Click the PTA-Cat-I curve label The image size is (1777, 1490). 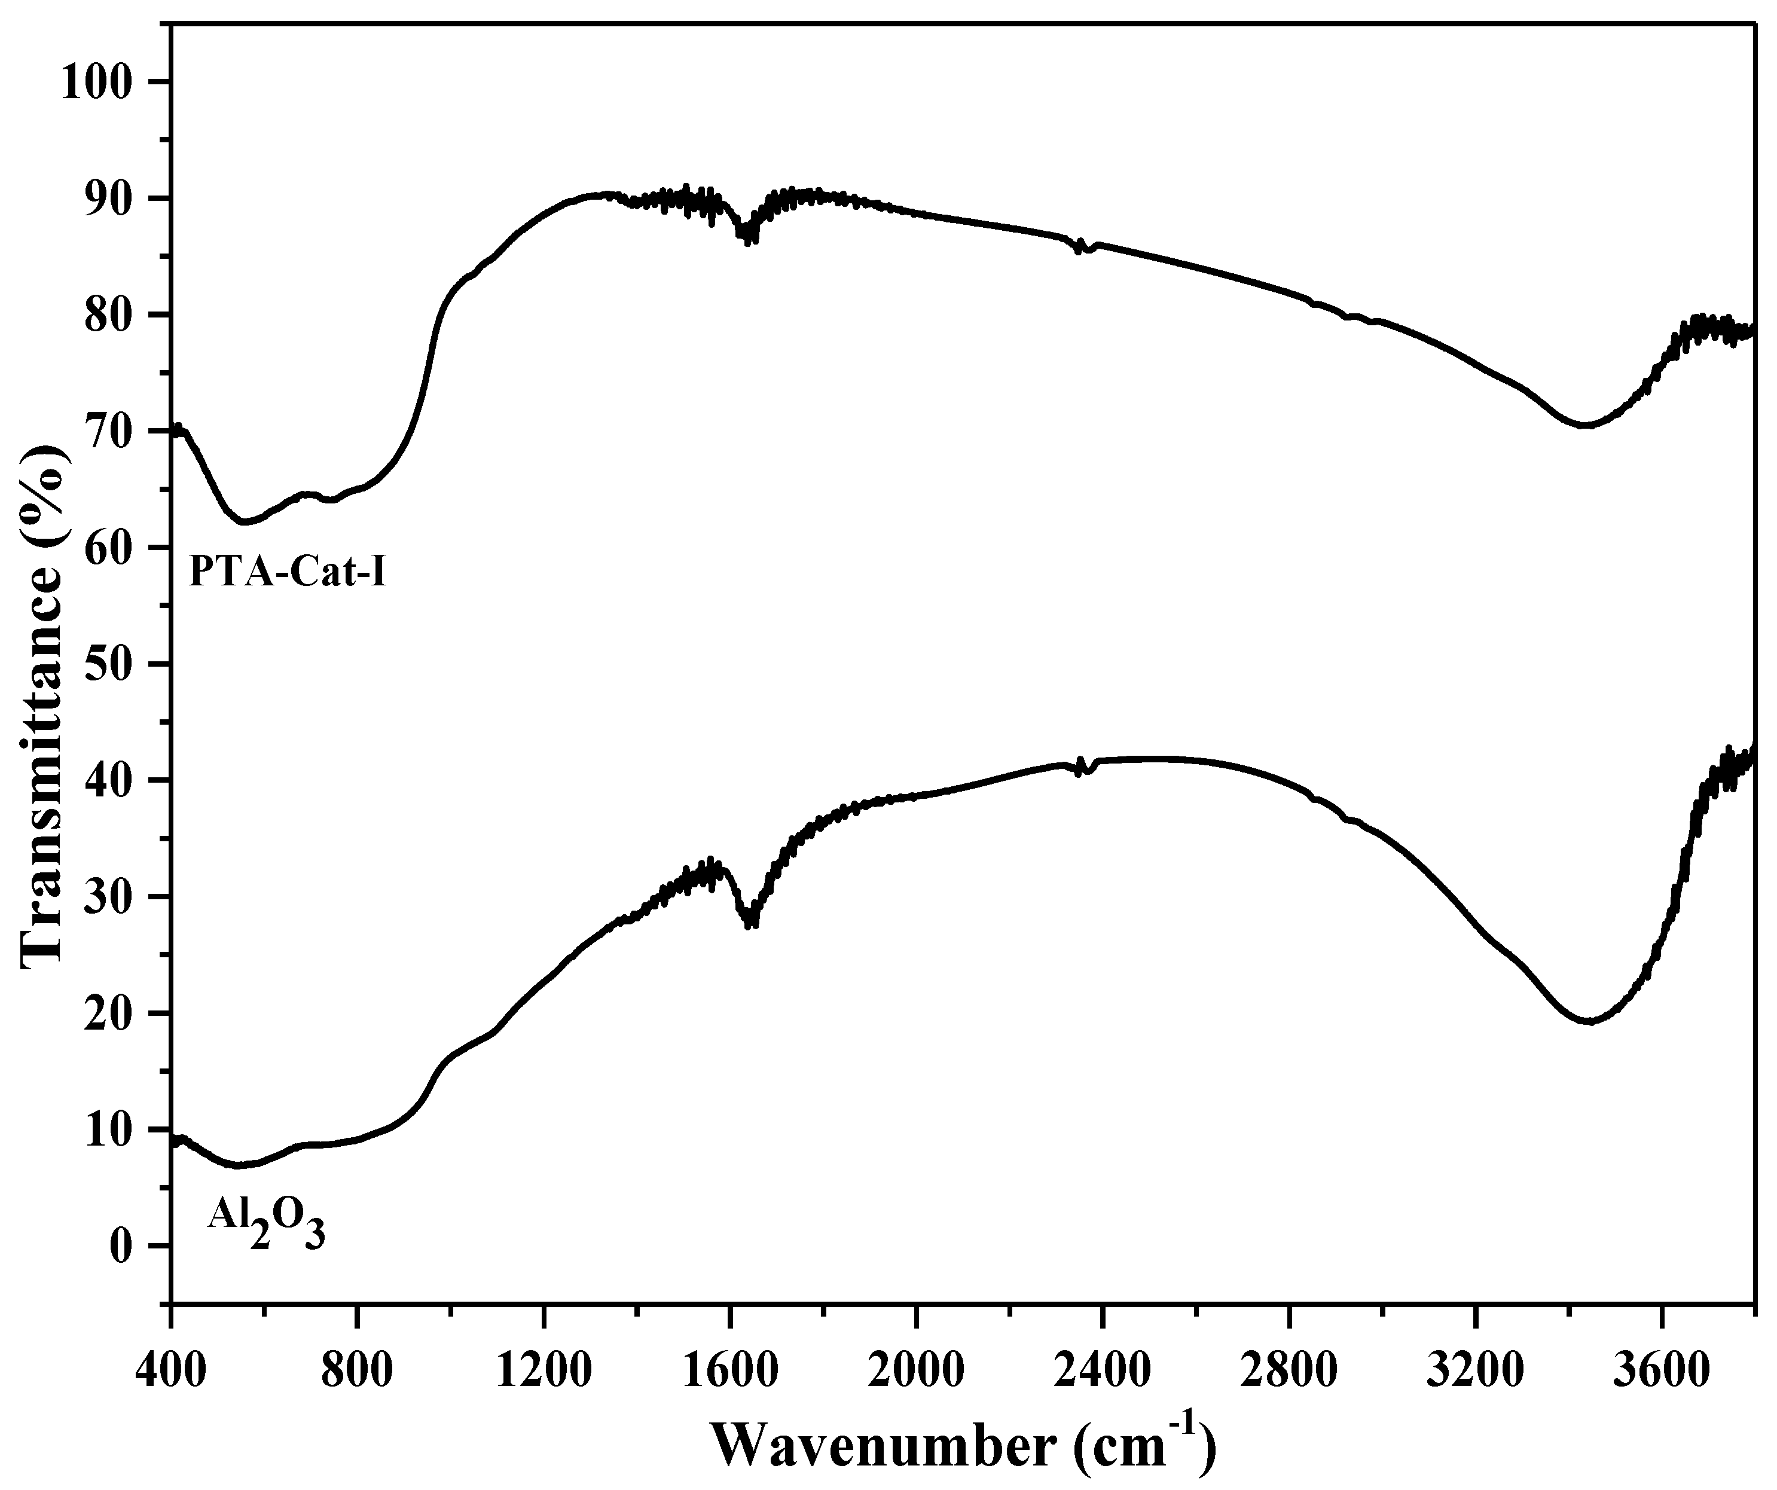288,572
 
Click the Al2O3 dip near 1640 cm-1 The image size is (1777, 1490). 750,921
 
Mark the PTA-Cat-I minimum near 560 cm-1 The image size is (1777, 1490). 245,521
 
